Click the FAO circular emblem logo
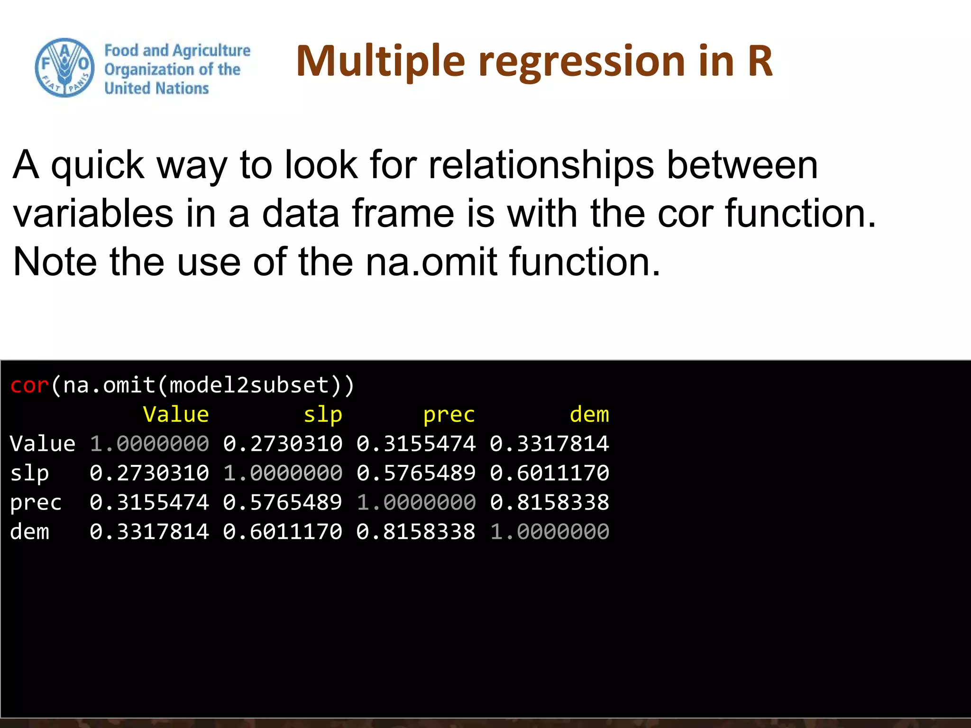(x=64, y=68)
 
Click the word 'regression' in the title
(x=582, y=62)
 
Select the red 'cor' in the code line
(x=29, y=385)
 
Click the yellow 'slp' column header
(x=322, y=415)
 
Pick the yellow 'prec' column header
(x=449, y=415)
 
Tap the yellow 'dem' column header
(x=589, y=415)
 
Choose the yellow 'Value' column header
(x=175, y=415)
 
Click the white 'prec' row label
(x=36, y=502)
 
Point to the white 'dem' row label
(x=29, y=532)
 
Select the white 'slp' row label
(x=29, y=473)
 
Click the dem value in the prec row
(x=549, y=502)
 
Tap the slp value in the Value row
(x=283, y=444)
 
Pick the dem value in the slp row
(x=549, y=473)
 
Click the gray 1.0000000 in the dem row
(x=549, y=532)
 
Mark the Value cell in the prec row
(x=149, y=502)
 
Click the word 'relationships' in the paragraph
(x=541, y=165)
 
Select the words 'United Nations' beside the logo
(x=156, y=88)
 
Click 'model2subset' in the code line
(x=249, y=385)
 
